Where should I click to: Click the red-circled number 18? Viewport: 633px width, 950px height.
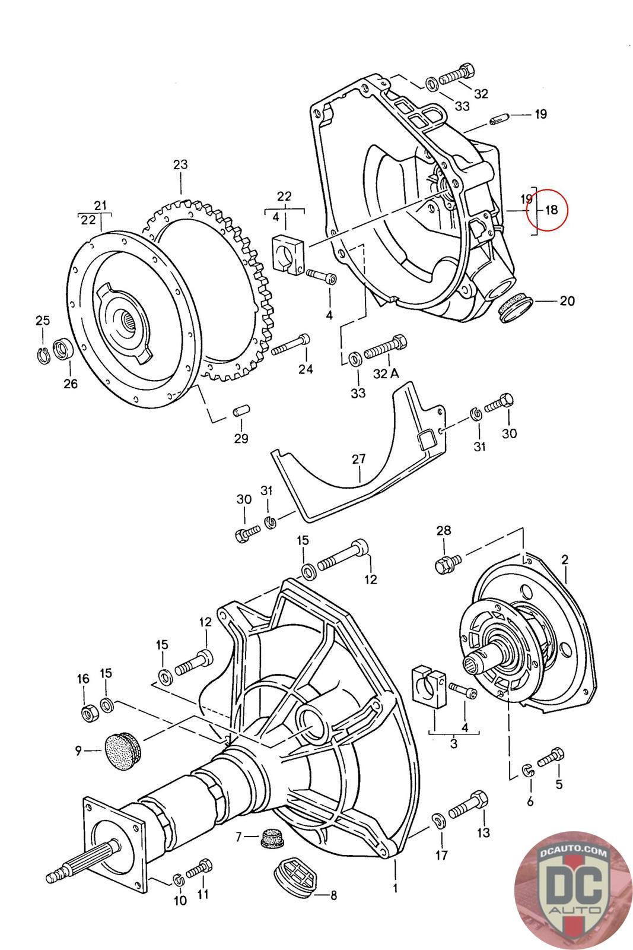(x=551, y=210)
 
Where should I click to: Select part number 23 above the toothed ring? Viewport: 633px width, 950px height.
(x=180, y=164)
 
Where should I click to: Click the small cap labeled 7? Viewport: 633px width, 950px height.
(x=270, y=838)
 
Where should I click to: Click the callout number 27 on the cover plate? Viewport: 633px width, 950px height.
(x=358, y=459)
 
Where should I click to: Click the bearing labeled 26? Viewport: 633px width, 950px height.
(x=62, y=349)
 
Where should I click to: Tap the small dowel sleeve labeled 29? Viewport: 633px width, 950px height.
(x=241, y=411)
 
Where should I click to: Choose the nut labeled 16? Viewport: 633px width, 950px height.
(x=89, y=712)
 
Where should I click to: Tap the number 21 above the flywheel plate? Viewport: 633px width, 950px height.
(x=101, y=205)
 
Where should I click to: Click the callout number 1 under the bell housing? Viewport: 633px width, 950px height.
(x=395, y=889)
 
